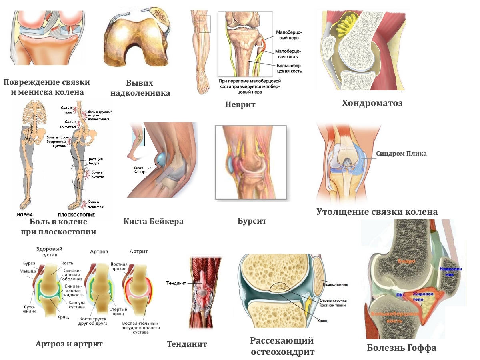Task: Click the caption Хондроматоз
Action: coord(372,103)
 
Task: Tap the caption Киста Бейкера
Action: coord(153,221)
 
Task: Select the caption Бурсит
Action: coord(252,221)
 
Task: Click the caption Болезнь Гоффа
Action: coord(402,348)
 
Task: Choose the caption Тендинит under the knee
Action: coord(187,344)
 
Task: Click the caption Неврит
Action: coord(240,105)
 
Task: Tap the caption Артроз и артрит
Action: coord(69,344)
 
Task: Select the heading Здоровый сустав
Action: coord(50,252)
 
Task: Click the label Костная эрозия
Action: coord(119,267)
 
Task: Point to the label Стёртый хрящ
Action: coord(119,312)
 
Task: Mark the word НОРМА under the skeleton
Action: coord(25,215)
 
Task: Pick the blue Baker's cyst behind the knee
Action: coord(161,159)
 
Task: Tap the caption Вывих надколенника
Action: coord(140,88)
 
